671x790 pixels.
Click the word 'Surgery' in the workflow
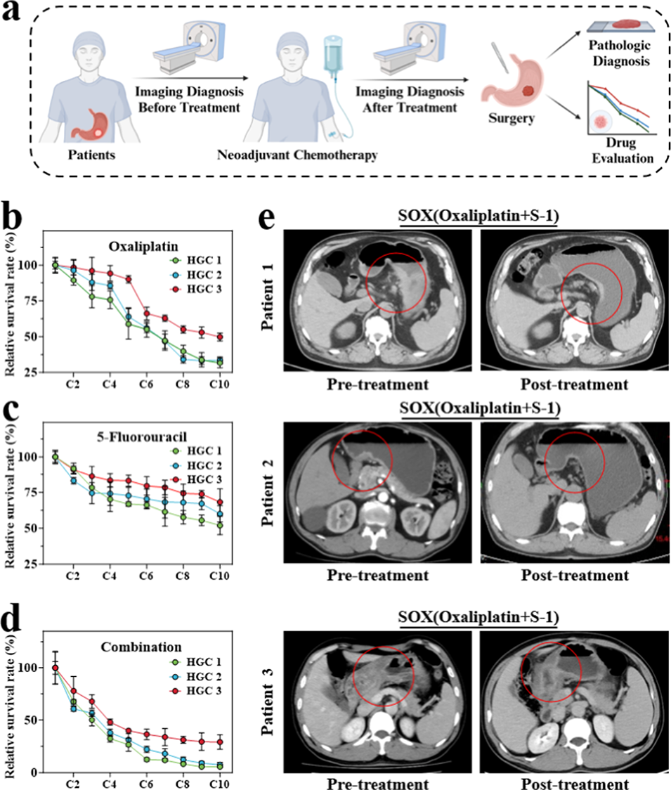pyautogui.click(x=512, y=118)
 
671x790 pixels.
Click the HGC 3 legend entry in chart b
pyautogui.click(x=205, y=290)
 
